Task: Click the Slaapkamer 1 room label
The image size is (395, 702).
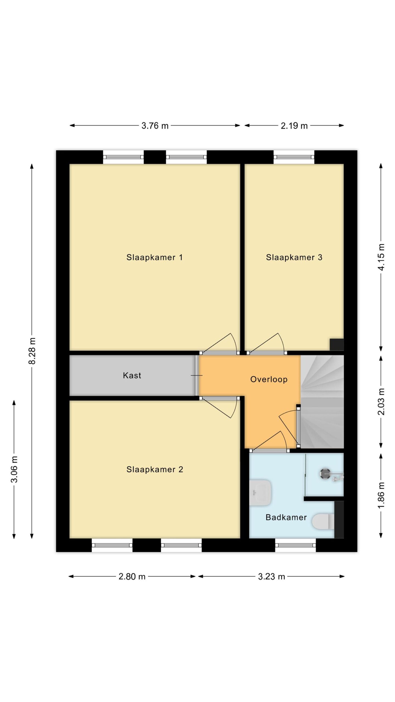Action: coord(154,257)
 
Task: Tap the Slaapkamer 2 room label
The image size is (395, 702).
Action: coord(154,469)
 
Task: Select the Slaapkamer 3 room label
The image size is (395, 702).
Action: coord(294,257)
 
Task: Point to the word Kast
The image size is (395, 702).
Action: coord(132,375)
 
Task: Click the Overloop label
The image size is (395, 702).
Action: coord(269,379)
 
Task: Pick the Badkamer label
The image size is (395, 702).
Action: coord(286,517)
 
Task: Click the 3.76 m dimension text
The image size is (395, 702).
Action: coord(155,126)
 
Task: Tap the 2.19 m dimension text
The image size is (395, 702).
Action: coord(294,126)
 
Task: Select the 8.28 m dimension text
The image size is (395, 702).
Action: coord(32,351)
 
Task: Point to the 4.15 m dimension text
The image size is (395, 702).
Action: coord(381,257)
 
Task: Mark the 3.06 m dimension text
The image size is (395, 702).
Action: coord(14,469)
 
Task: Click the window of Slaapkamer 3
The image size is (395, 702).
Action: coord(294,157)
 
